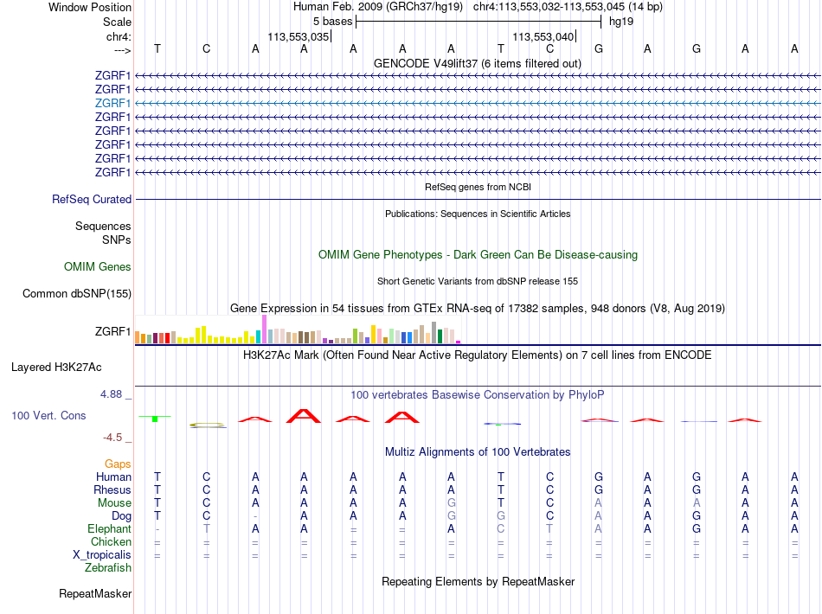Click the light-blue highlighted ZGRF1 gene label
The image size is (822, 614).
click(x=112, y=103)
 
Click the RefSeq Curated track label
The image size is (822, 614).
click(x=92, y=200)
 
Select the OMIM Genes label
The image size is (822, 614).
click(x=98, y=267)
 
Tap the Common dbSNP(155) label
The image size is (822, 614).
click(x=77, y=294)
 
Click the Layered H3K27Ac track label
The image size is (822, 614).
click(x=71, y=367)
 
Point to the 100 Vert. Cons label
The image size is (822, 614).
click(x=48, y=416)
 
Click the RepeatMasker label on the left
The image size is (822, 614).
click(x=95, y=594)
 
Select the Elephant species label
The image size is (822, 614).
click(x=109, y=529)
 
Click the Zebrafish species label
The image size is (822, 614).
click(x=108, y=568)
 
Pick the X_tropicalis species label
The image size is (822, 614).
click(x=100, y=555)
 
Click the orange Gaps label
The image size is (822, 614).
click(x=118, y=464)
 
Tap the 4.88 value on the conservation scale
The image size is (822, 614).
click(x=115, y=394)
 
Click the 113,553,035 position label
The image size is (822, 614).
click(x=299, y=37)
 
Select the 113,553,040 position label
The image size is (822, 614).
click(x=543, y=37)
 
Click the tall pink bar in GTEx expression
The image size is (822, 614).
click(x=264, y=329)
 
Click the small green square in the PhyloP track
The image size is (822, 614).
click(x=154, y=419)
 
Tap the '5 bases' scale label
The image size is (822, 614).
click(x=332, y=21)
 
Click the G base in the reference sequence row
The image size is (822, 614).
click(x=599, y=48)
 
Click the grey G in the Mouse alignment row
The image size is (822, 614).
click(x=451, y=503)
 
